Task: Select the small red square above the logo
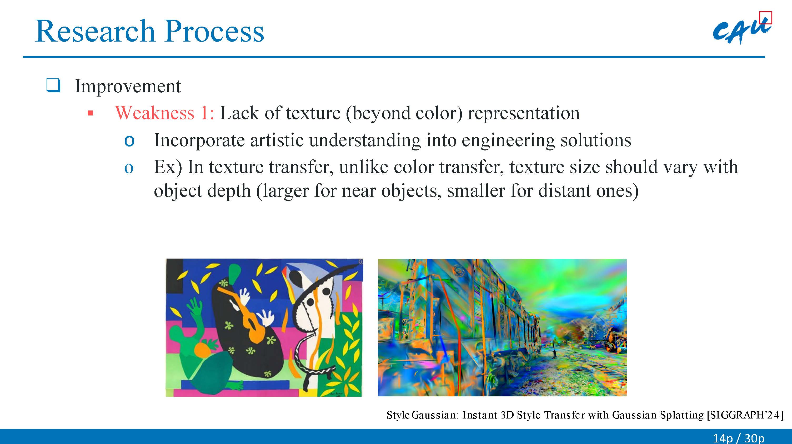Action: pos(766,18)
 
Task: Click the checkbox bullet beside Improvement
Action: pos(53,85)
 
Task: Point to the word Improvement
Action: pos(128,86)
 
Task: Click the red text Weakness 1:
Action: pos(164,113)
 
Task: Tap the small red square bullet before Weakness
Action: pos(90,113)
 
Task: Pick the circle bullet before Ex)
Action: pos(129,168)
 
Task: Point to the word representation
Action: pos(524,113)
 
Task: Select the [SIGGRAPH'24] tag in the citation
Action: pos(745,415)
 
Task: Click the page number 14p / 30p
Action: pos(739,438)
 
